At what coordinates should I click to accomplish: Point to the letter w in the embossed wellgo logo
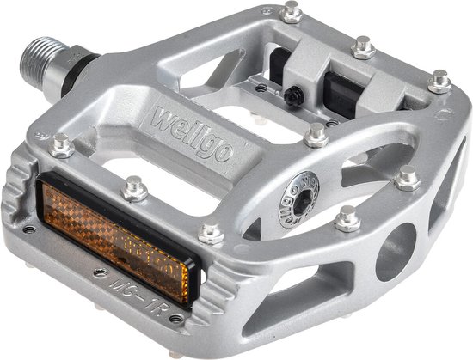pyautogui.click(x=161, y=114)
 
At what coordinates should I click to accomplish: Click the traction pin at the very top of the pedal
pyautogui.click(x=292, y=11)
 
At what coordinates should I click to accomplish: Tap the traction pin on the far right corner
pyautogui.click(x=440, y=82)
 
